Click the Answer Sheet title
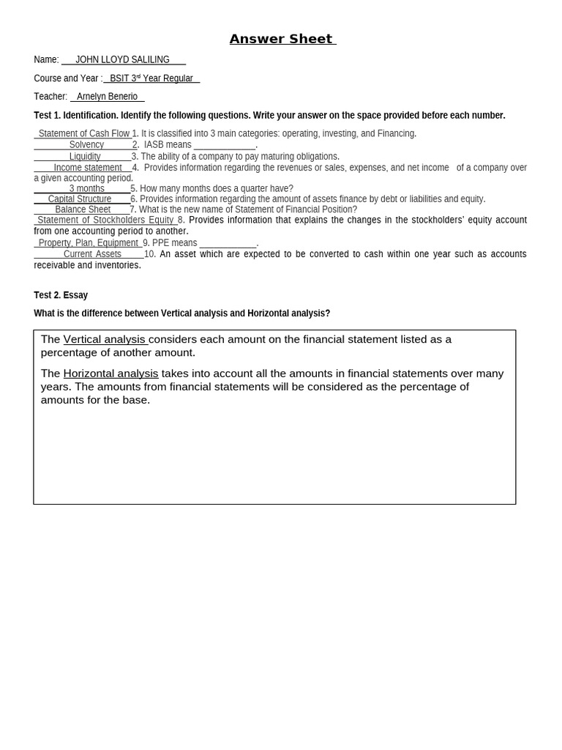point(282,39)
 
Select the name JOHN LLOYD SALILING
point(122,60)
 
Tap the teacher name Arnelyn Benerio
point(107,97)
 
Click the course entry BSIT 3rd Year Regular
point(151,78)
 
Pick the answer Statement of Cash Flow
point(84,133)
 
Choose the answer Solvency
point(86,145)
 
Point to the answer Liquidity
point(85,157)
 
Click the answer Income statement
point(88,168)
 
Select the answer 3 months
point(86,189)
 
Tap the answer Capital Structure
point(80,199)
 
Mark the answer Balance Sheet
point(83,209)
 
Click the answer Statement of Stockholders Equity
point(105,220)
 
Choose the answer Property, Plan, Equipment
point(89,243)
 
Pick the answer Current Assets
point(92,254)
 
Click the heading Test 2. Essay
point(61,295)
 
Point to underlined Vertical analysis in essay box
point(105,339)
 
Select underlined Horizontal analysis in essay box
point(110,374)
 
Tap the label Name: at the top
point(46,60)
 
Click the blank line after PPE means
point(228,243)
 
